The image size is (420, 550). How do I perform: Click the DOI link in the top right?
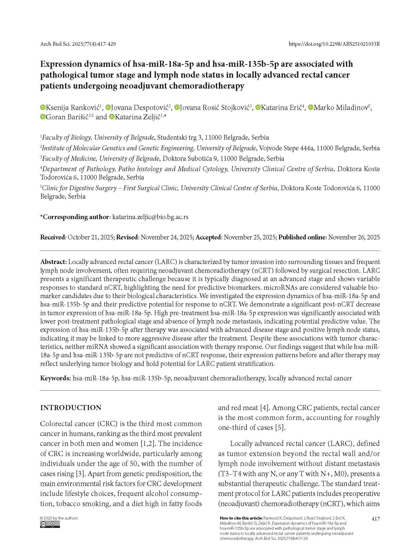pyautogui.click(x=334, y=44)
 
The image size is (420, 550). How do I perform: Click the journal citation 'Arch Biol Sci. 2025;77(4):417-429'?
pyautogui.click(x=78, y=44)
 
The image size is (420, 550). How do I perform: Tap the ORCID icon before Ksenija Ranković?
pyautogui.click(x=43, y=107)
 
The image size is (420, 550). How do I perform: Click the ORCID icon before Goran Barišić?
pyautogui.click(x=43, y=117)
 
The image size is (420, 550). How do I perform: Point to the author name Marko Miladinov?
pyautogui.click(x=341, y=107)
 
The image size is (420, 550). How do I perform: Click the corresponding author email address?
pyautogui.click(x=150, y=217)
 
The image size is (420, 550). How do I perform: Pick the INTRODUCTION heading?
pyautogui.click(x=71, y=408)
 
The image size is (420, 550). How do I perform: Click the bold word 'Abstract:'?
pyautogui.click(x=54, y=262)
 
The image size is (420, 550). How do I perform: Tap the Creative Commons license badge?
pyautogui.click(x=50, y=524)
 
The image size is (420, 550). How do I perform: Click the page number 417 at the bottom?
pyautogui.click(x=376, y=519)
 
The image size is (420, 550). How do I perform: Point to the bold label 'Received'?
pyautogui.click(x=53, y=237)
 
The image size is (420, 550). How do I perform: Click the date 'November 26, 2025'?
pyautogui.click(x=354, y=237)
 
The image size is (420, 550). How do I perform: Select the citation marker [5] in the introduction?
pyautogui.click(x=280, y=427)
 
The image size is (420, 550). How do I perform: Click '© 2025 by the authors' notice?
pyautogui.click(x=59, y=518)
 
